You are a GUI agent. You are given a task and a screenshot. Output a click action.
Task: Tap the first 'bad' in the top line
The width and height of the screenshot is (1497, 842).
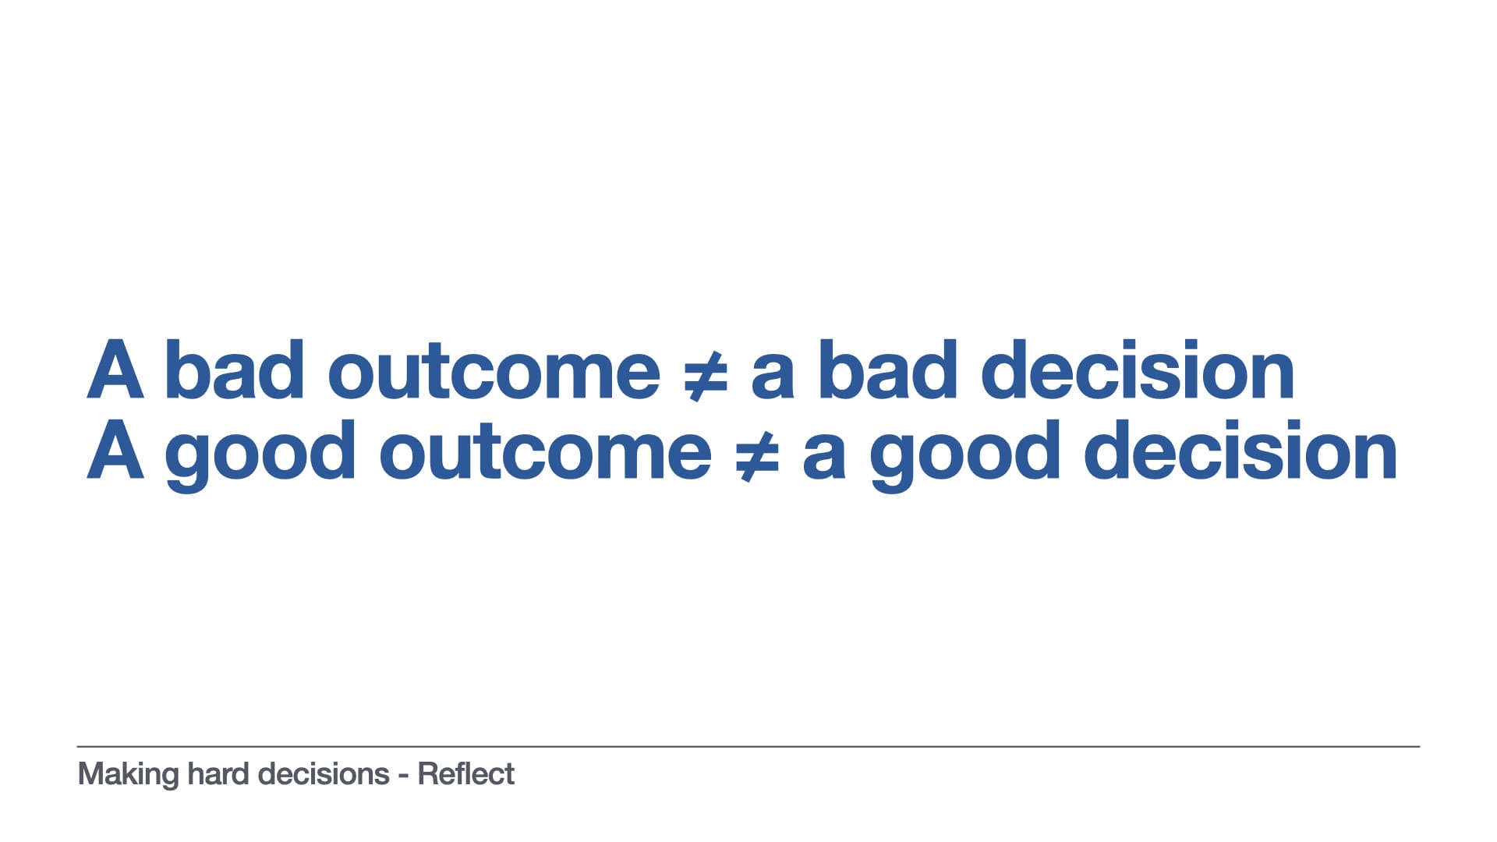[x=235, y=370]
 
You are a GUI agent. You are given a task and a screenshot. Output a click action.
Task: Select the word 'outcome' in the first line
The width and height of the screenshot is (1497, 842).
[x=494, y=374]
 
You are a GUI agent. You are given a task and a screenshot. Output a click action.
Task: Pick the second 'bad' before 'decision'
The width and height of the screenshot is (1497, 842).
[x=888, y=370]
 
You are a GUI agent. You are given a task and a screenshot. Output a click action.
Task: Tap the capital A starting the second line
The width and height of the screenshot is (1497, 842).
[x=115, y=450]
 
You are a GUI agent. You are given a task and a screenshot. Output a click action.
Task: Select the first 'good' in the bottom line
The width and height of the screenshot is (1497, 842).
[x=260, y=455]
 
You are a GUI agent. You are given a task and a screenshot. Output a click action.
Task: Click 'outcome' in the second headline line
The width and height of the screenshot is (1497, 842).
[x=546, y=455]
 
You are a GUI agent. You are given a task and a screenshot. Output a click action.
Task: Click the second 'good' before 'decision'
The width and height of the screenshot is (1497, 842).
[x=965, y=455]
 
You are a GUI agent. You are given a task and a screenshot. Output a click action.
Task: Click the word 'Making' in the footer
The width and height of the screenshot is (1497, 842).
[x=129, y=775]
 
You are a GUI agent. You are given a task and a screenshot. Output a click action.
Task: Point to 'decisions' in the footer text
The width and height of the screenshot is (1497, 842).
[x=324, y=773]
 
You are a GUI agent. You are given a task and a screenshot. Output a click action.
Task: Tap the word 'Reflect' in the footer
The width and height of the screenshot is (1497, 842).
[x=466, y=773]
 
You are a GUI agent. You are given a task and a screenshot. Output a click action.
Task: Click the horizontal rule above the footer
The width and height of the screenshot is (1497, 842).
[x=748, y=747]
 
